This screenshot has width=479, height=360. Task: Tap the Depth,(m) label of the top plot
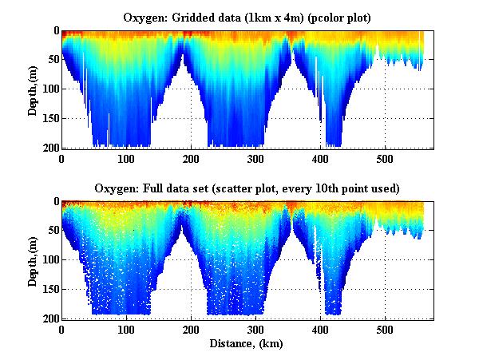click(x=33, y=89)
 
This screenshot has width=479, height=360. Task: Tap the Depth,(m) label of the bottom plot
click(x=33, y=259)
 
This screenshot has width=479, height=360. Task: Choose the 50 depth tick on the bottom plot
click(x=50, y=231)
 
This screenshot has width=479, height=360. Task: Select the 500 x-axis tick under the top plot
click(x=386, y=159)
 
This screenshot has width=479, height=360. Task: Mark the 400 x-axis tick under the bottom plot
click(x=321, y=330)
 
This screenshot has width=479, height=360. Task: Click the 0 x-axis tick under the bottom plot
click(x=62, y=330)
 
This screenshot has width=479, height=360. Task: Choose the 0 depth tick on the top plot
click(x=53, y=31)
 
